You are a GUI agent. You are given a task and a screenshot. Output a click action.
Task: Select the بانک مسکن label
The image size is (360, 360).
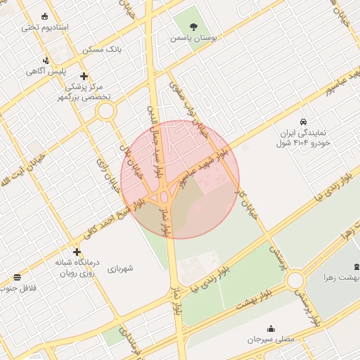point(102,50)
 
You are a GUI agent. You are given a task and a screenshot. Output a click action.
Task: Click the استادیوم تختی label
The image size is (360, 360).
point(44,27)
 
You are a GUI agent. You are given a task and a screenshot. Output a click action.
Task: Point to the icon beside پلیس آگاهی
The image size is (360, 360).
point(46,60)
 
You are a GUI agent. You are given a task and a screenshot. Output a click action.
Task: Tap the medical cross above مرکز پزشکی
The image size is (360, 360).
point(84,76)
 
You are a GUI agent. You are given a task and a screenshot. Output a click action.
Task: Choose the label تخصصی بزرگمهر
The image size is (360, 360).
point(84,97)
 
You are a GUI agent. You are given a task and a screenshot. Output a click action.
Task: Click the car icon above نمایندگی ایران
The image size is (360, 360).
point(304,122)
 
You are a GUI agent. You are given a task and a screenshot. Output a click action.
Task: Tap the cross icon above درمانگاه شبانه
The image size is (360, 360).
point(77,252)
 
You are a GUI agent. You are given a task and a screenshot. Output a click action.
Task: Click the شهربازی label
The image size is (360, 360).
point(120,269)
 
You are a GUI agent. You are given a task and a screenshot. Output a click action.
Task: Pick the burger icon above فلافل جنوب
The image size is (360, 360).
point(17,277)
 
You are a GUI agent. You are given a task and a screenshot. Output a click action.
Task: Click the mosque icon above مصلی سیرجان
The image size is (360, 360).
point(271,328)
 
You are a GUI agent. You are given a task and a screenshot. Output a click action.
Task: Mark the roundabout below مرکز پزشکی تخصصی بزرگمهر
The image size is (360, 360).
point(106,110)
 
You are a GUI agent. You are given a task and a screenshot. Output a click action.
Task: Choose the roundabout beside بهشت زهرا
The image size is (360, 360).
point(295,281)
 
